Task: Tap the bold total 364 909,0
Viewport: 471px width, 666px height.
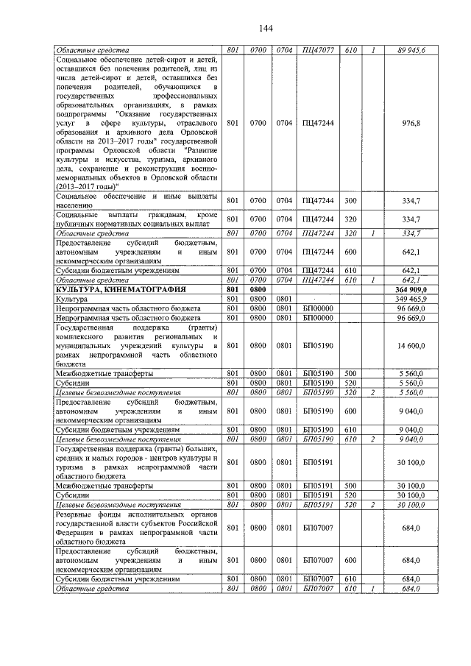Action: [x=422, y=290]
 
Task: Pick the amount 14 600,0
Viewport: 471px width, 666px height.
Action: [x=425, y=344]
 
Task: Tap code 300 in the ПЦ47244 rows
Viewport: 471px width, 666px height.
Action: [x=350, y=200]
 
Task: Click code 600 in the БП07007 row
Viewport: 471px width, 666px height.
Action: [x=350, y=560]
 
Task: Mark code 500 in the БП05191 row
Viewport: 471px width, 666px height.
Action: [x=350, y=486]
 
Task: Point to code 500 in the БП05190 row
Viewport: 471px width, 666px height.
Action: [x=350, y=372]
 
